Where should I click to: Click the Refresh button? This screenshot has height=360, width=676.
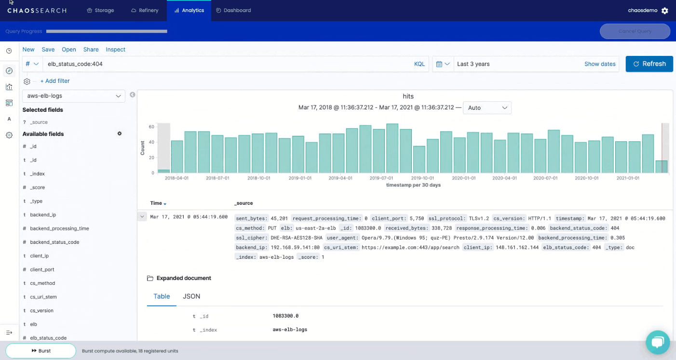coord(649,64)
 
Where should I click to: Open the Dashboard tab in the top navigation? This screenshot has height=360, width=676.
coord(233,10)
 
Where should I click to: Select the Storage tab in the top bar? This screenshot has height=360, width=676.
coord(100,10)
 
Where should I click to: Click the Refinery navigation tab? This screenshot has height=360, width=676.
coord(145,10)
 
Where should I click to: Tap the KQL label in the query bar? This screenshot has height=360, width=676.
coord(419,64)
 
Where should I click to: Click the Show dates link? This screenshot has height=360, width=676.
coord(600,64)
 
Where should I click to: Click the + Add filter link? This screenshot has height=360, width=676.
coord(55,81)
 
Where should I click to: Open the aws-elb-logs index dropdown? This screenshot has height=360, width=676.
coord(73,96)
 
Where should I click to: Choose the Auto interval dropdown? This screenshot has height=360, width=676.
coord(487,107)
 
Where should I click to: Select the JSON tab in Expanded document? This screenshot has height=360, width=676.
coord(191,296)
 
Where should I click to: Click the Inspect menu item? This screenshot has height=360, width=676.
coord(116,49)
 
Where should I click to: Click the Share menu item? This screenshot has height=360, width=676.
coord(91,49)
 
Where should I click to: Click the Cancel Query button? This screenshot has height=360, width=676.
coord(635,31)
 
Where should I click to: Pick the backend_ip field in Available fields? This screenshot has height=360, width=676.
coord(43,215)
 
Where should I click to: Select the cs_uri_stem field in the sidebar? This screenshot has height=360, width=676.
coord(43,297)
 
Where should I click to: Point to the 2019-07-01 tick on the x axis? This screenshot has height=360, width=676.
coord(381,178)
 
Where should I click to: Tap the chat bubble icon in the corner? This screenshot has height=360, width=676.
coord(658,342)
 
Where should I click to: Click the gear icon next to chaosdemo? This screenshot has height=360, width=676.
coord(665,11)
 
